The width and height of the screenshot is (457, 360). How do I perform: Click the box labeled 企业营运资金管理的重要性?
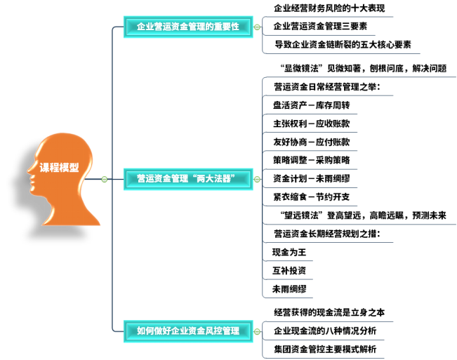[188, 27]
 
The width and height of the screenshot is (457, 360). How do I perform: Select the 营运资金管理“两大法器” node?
[188, 179]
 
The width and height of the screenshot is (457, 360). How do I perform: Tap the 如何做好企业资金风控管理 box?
[188, 331]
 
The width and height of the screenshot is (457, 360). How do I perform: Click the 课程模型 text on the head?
[59, 168]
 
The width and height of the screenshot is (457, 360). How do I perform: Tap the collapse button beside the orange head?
[104, 180]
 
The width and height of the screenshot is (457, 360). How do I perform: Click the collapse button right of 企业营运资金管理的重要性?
[257, 27]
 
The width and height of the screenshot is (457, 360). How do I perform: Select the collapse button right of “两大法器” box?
[257, 180]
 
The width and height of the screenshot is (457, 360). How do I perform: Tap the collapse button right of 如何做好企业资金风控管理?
[257, 331]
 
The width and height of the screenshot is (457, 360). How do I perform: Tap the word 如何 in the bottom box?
[145, 331]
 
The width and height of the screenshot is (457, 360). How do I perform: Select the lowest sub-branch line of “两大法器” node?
[289, 298]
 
